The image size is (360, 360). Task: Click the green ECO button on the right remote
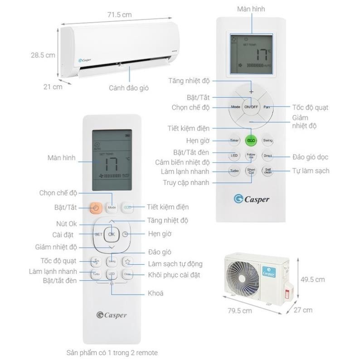(x=251, y=141)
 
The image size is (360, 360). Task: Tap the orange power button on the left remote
(x=95, y=207)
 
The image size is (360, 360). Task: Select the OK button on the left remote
(x=112, y=234)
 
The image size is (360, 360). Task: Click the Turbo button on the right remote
(x=234, y=171)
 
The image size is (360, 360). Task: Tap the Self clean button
(x=268, y=171)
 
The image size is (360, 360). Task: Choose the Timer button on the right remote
(x=234, y=141)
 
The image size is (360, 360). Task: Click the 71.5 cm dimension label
(x=120, y=15)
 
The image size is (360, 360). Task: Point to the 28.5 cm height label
(x=43, y=55)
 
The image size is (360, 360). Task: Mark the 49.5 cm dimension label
(x=313, y=279)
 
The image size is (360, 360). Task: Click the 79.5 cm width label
(x=240, y=311)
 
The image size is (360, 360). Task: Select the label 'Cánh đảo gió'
(x=129, y=88)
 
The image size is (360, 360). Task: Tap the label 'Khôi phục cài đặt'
(x=174, y=275)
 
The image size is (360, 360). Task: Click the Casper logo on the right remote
(x=251, y=199)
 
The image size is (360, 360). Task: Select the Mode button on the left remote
(x=112, y=207)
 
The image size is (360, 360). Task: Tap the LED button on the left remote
(x=112, y=275)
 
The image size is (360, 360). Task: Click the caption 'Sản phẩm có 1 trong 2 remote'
(x=112, y=352)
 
